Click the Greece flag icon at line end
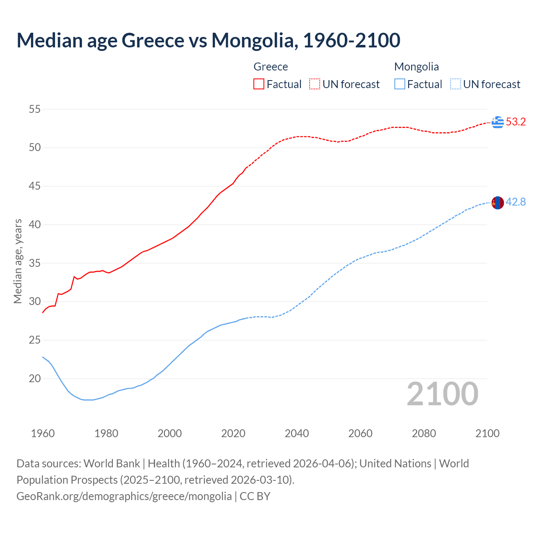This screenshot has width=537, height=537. pyautogui.click(x=498, y=122)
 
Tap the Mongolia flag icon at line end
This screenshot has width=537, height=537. pyautogui.click(x=498, y=202)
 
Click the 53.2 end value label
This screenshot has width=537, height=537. pyautogui.click(x=516, y=122)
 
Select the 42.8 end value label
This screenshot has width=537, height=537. pyautogui.click(x=516, y=202)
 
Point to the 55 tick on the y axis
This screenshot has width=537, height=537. pyautogui.click(x=35, y=109)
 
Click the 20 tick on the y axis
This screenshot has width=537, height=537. pyautogui.click(x=35, y=378)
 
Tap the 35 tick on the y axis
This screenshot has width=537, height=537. pyautogui.click(x=35, y=263)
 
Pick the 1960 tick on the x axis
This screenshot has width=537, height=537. pyautogui.click(x=43, y=433)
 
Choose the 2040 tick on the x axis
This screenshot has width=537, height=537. pyautogui.click(x=297, y=433)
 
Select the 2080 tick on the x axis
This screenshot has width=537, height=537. pyautogui.click(x=424, y=433)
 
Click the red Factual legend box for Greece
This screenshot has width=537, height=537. pyautogui.click(x=259, y=84)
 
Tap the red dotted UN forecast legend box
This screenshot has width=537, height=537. pyautogui.click(x=315, y=84)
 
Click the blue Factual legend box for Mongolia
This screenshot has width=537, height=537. pyautogui.click(x=400, y=84)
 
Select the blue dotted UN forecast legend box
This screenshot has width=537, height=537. pyautogui.click(x=455, y=84)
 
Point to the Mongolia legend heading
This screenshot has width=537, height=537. pyautogui.click(x=416, y=67)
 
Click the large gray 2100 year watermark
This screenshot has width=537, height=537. pyautogui.click(x=442, y=394)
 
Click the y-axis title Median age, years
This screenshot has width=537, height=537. pyautogui.click(x=18, y=261)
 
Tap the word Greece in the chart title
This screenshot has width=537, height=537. pyautogui.click(x=153, y=40)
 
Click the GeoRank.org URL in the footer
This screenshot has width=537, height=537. pyautogui.click(x=124, y=496)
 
